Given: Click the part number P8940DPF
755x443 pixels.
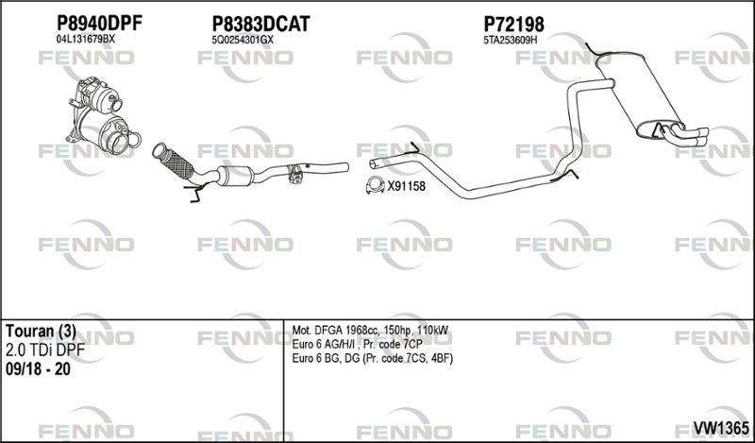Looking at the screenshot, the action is (x=100, y=23).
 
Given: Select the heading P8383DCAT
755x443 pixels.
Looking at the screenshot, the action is (x=261, y=24).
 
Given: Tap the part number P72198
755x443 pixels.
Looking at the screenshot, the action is (x=513, y=24).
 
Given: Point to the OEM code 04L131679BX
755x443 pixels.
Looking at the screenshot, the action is (x=86, y=40).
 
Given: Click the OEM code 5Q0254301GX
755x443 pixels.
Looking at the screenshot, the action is (x=243, y=41).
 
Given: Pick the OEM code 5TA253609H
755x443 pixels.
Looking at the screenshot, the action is (x=510, y=41).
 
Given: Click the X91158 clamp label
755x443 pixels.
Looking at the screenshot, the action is (x=407, y=186).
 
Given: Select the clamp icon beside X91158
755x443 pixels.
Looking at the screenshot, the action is (x=375, y=185).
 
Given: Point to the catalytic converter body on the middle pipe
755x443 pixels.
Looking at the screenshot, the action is (x=235, y=175).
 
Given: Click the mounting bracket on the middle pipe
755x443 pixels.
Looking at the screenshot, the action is (x=295, y=175).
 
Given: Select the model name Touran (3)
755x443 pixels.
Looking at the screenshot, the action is (x=41, y=332).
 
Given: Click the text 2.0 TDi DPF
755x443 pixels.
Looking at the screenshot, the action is (x=45, y=350).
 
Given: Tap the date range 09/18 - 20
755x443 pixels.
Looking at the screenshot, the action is (x=38, y=369).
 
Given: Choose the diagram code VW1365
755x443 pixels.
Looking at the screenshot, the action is (x=721, y=427).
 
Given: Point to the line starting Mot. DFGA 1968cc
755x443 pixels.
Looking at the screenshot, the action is (x=370, y=331).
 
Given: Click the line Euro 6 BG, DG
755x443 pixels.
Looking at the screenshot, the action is (x=373, y=359).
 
